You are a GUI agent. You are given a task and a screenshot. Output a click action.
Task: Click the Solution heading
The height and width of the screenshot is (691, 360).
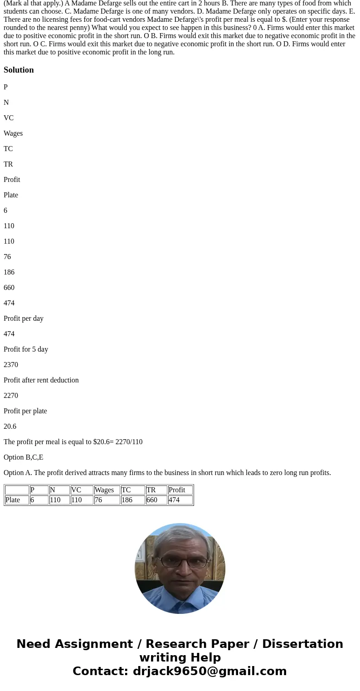(19, 70)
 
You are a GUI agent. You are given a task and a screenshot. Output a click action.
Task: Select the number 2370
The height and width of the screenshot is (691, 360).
(11, 365)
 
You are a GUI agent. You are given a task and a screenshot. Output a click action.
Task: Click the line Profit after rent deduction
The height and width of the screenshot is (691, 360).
(41, 380)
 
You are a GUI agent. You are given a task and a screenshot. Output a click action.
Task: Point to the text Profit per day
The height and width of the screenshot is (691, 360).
(24, 319)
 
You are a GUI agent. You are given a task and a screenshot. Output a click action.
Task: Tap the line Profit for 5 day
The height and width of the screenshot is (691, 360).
(26, 349)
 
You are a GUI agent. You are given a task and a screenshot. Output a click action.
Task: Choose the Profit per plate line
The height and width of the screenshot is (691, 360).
(25, 411)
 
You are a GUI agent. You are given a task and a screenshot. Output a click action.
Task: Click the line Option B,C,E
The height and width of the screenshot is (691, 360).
(24, 457)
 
